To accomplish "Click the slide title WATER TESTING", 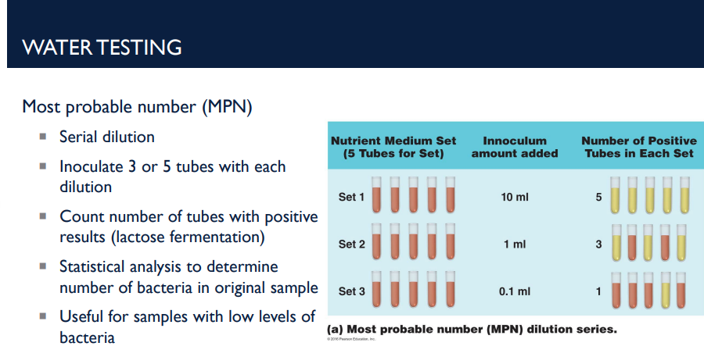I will pyautogui.click(x=102, y=47).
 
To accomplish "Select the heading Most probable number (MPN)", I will pyautogui.click(x=137, y=107).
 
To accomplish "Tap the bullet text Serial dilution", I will pyautogui.click(x=107, y=137).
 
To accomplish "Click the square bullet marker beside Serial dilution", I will pyautogui.click(x=44, y=137).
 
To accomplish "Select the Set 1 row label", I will pyautogui.click(x=351, y=197).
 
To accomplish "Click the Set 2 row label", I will pyautogui.click(x=351, y=244).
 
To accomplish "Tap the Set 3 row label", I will pyautogui.click(x=351, y=291).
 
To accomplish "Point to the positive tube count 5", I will pyautogui.click(x=598, y=197).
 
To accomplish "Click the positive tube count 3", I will pyautogui.click(x=598, y=244).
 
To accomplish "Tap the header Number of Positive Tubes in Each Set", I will pyautogui.click(x=638, y=148).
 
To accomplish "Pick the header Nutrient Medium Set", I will pyautogui.click(x=393, y=141).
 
